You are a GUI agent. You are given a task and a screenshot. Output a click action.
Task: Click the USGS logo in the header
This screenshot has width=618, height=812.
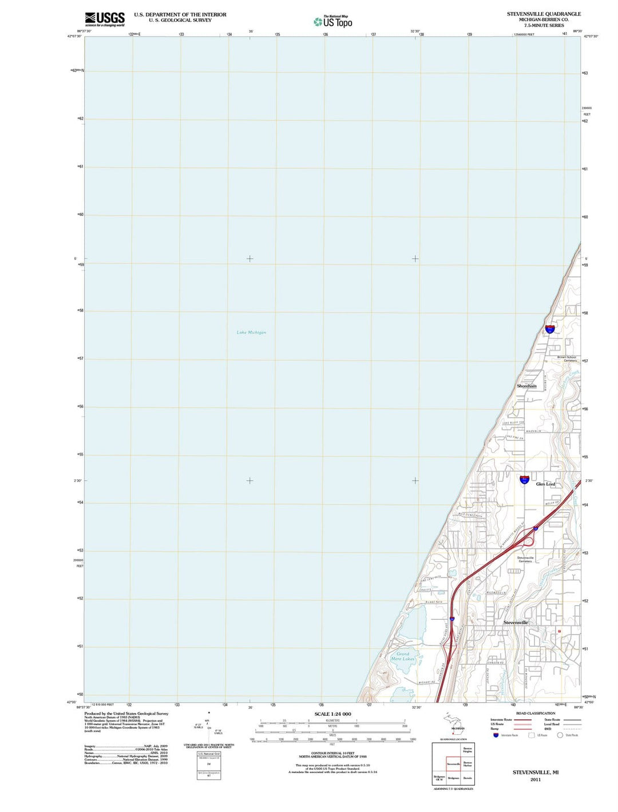click(105, 19)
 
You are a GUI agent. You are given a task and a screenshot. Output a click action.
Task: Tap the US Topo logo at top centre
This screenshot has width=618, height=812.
click(333, 22)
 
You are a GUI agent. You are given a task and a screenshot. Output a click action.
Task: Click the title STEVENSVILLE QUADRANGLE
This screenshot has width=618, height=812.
click(543, 14)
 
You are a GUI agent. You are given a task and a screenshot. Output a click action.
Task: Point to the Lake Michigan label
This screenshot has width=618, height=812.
click(251, 332)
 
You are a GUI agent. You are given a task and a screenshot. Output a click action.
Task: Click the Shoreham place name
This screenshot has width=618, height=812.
click(526, 386)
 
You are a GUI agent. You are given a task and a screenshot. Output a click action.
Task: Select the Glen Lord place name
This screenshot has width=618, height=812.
click(545, 484)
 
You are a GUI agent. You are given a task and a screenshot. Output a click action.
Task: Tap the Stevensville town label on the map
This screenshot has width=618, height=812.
click(516, 623)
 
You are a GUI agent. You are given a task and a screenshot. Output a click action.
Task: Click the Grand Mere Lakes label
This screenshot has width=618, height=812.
click(403, 656)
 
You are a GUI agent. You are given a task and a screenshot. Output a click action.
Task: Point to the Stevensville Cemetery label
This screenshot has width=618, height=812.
click(525, 559)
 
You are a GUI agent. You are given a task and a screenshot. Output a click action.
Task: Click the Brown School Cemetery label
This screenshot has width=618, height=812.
click(567, 359)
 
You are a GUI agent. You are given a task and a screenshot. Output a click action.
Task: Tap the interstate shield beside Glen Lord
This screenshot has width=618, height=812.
click(524, 480)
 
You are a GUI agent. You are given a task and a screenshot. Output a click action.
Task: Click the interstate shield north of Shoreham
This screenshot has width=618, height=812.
click(550, 328)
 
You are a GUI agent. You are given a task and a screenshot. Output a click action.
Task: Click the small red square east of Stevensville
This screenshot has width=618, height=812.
click(560, 631)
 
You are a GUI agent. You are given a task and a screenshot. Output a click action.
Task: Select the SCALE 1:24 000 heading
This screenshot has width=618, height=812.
click(332, 714)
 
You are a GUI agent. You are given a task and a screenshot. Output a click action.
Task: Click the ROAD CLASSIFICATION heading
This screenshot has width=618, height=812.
click(535, 714)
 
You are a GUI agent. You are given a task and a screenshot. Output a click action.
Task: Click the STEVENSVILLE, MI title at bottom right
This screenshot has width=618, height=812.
click(535, 773)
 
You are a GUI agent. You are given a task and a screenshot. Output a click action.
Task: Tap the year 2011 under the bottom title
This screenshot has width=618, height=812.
click(535, 779)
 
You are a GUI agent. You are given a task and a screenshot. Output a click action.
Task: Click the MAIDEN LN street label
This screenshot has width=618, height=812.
click(532, 431)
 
